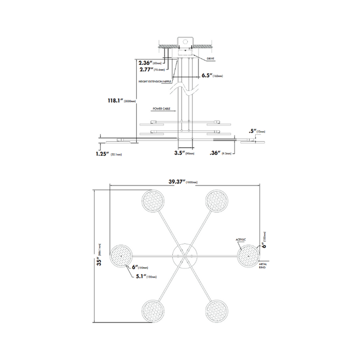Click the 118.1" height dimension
pos(113,102)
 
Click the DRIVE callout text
pos(210,60)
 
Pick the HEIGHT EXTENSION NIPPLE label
pos(156,81)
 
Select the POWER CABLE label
pos(161,110)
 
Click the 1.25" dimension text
pos(103,153)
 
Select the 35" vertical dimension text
pos(98,261)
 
